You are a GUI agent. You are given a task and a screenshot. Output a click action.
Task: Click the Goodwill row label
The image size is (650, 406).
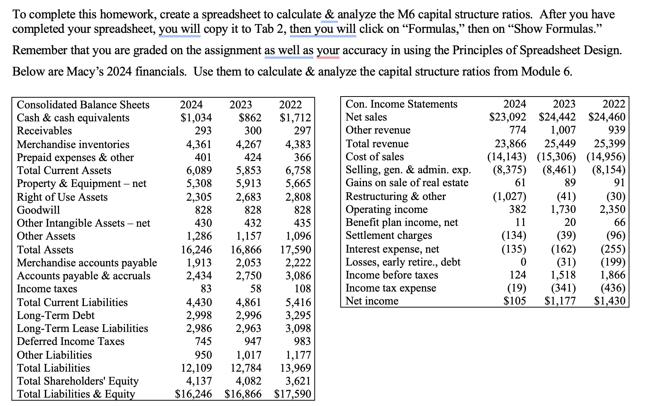coord(39,210)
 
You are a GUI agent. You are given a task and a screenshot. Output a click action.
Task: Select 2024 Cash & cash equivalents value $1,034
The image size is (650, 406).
coord(196,118)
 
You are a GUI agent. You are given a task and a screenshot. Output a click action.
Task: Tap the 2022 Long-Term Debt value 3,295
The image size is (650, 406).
coord(298,316)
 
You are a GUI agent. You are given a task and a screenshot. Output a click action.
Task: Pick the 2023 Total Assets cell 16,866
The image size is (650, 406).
coord(246,250)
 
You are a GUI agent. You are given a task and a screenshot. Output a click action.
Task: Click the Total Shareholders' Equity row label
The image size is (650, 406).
coord(78,381)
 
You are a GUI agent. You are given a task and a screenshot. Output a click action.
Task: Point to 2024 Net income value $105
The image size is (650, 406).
coord(515,301)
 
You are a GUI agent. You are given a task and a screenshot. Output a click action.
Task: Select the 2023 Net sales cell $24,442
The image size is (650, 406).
coord(557,117)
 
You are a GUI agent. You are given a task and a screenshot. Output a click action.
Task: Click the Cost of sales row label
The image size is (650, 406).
coord(375,157)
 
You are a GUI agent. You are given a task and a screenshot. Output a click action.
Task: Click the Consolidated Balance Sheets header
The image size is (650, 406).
coord(83,105)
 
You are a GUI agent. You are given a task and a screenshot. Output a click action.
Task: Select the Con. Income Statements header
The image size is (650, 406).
coord(401,104)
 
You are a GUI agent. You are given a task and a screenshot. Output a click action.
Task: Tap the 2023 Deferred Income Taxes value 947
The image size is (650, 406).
coord(253,342)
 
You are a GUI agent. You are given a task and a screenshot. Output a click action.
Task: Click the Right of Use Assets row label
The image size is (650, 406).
coord(62,197)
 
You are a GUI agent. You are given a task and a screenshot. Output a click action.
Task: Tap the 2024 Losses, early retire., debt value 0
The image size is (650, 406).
coord(523,262)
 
